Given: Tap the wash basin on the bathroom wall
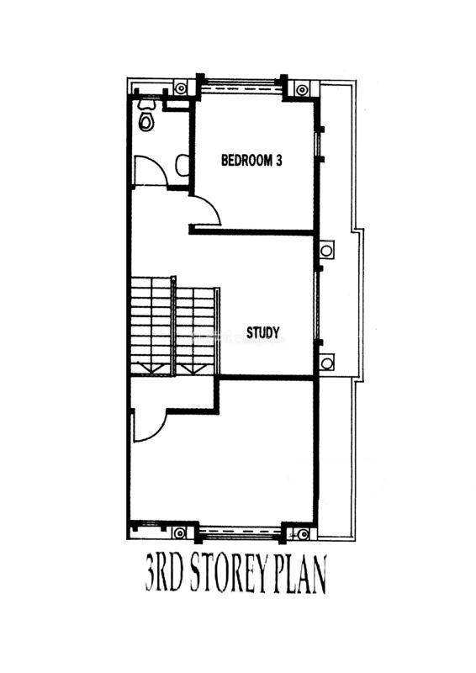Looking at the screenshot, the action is [x=182, y=165].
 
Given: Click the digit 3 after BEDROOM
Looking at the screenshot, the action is [x=278, y=161].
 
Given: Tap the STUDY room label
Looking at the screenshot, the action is [x=262, y=332].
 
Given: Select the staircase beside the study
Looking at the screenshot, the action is [x=174, y=326].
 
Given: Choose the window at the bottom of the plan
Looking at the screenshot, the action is [x=241, y=533].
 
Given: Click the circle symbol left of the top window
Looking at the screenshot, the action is [x=181, y=88].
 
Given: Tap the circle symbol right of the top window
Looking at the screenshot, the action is [x=302, y=90].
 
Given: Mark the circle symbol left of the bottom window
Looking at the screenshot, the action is [x=179, y=533].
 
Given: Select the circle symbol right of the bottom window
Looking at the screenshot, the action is [x=304, y=534].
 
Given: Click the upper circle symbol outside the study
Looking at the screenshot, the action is [x=326, y=250].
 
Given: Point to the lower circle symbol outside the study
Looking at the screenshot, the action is [x=327, y=363].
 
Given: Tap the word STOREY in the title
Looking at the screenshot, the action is [x=227, y=574].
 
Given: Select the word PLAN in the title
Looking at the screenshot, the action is [x=299, y=574].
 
